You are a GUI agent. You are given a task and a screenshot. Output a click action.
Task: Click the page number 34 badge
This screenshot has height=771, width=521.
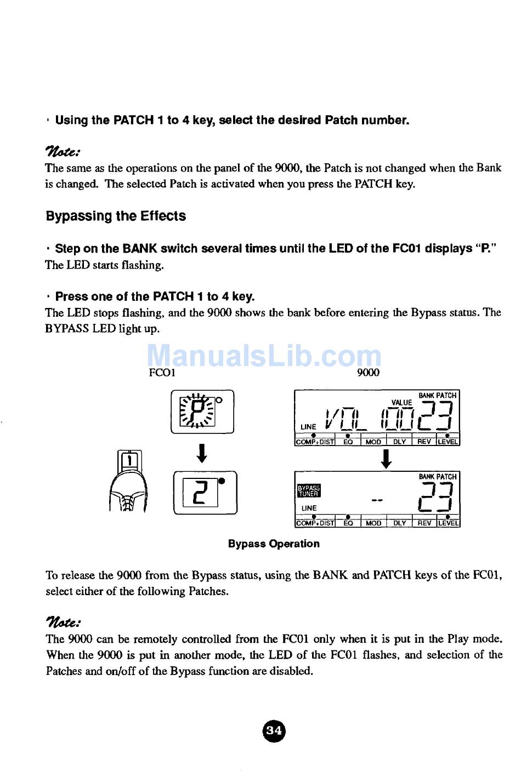274,730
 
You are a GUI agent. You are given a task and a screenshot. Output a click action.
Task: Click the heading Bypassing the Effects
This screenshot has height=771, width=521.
116,216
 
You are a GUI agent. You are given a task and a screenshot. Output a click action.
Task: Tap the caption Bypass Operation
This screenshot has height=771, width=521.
274,544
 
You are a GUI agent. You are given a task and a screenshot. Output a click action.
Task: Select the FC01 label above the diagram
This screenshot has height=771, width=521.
162,373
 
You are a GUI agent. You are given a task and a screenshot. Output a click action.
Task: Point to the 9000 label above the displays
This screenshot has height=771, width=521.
368,373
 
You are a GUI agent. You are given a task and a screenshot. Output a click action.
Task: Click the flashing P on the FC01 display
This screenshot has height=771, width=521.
199,411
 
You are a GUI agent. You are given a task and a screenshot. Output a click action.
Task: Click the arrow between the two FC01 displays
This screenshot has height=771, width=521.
202,453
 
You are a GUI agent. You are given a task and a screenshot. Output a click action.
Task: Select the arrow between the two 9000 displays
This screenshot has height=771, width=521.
387,459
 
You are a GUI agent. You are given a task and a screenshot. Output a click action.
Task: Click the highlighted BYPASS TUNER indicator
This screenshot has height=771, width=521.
309,490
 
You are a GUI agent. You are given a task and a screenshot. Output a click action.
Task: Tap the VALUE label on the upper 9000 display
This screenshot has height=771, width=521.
401,403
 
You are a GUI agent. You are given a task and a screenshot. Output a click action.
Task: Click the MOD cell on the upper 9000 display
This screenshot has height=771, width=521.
373,442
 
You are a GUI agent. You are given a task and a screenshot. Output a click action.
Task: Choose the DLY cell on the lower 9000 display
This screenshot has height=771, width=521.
400,523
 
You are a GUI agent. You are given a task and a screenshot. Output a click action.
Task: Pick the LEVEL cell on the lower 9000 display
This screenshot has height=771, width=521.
448,523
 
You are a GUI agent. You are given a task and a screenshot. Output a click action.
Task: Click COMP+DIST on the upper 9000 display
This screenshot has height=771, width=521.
315,442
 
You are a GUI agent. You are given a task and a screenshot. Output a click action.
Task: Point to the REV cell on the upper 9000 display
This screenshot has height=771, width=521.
424,442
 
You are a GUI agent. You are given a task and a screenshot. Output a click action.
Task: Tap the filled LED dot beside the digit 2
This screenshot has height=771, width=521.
222,481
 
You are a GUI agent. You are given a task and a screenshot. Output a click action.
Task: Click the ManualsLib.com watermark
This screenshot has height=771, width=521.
264,356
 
